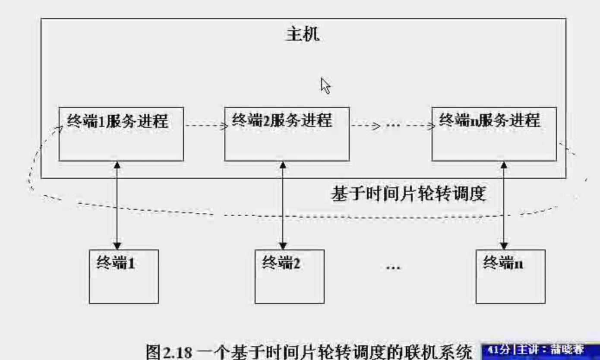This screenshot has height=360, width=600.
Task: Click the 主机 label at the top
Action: tap(303, 34)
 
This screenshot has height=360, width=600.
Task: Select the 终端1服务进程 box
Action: tap(121, 134)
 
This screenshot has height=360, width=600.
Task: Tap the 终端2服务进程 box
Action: tap(287, 134)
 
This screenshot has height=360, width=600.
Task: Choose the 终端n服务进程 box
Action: tap(494, 134)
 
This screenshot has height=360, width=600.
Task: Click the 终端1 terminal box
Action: tap(124, 276)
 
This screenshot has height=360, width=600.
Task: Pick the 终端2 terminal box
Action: tap(289, 276)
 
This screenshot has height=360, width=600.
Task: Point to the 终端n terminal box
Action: tap(510, 276)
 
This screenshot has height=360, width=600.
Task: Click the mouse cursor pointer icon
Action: tap(325, 85)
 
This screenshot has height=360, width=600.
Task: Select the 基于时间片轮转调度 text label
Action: tap(408, 194)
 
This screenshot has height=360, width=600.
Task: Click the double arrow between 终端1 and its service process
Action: tap(117, 205)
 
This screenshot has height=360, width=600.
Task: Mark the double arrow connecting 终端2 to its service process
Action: tap(283, 205)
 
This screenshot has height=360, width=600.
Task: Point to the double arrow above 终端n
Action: tap(503, 205)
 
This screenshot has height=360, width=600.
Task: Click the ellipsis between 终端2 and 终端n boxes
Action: tap(393, 268)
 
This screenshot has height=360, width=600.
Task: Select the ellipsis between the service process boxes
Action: tap(393, 126)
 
